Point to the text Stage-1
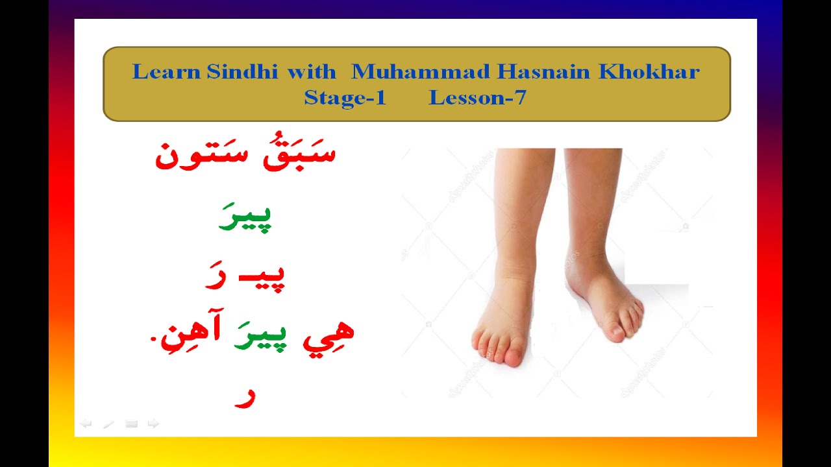(345, 98)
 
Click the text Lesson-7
(477, 98)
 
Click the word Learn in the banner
(166, 72)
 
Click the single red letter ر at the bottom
(245, 397)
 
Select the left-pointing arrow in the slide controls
(86, 424)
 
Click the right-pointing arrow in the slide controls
(153, 424)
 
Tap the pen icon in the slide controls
(108, 424)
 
